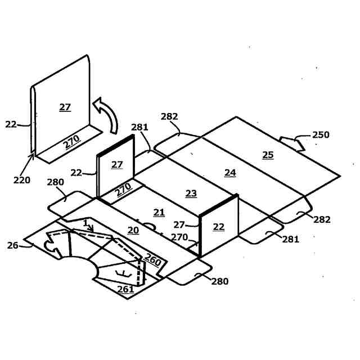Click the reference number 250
click(321, 135)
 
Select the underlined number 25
click(268, 154)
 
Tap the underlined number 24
click(230, 173)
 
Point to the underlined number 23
click(191, 193)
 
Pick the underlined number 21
click(159, 212)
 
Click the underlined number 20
click(133, 230)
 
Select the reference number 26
click(12, 245)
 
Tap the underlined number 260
click(153, 260)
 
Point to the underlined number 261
click(125, 289)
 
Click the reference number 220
click(21, 181)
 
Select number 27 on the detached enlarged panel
click(65, 107)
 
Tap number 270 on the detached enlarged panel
click(71, 142)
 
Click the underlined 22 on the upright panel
click(218, 226)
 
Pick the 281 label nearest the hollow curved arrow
click(139, 127)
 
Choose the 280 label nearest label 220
click(56, 182)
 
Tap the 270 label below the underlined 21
click(179, 237)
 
